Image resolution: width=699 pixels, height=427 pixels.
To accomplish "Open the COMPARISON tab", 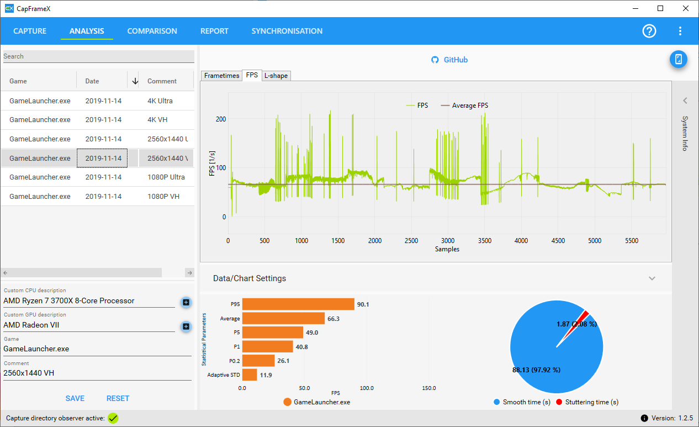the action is click(x=152, y=31).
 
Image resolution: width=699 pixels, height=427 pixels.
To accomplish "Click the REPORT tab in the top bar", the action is click(x=214, y=31).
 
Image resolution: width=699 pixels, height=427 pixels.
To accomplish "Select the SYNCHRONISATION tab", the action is click(x=287, y=31).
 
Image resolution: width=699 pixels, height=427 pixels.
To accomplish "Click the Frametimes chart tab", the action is click(x=221, y=76).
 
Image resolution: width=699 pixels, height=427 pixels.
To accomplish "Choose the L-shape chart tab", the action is click(x=276, y=76).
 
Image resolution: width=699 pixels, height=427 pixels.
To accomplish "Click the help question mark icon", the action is click(x=649, y=31).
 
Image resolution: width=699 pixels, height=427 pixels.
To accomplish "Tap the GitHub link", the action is click(x=449, y=60).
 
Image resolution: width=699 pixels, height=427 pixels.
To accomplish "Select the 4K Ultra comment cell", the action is click(x=160, y=101).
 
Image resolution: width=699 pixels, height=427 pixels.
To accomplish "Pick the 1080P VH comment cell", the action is click(x=163, y=196).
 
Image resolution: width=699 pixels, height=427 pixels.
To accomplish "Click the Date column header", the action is click(x=92, y=81).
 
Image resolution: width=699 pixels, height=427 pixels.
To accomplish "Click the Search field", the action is click(x=99, y=56).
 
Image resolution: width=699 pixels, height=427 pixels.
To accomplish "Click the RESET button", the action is click(x=118, y=398).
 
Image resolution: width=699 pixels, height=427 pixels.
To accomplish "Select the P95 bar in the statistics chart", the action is click(x=298, y=304).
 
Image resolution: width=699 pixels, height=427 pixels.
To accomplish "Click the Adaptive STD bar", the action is click(x=250, y=375).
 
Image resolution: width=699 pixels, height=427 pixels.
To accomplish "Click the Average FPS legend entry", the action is click(x=464, y=106).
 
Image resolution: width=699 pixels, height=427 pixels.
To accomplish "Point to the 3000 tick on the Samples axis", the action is click(x=448, y=241).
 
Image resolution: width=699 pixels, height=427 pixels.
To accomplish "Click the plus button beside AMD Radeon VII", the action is click(x=186, y=326).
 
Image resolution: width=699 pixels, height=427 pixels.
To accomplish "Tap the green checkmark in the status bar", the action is click(x=113, y=418).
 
